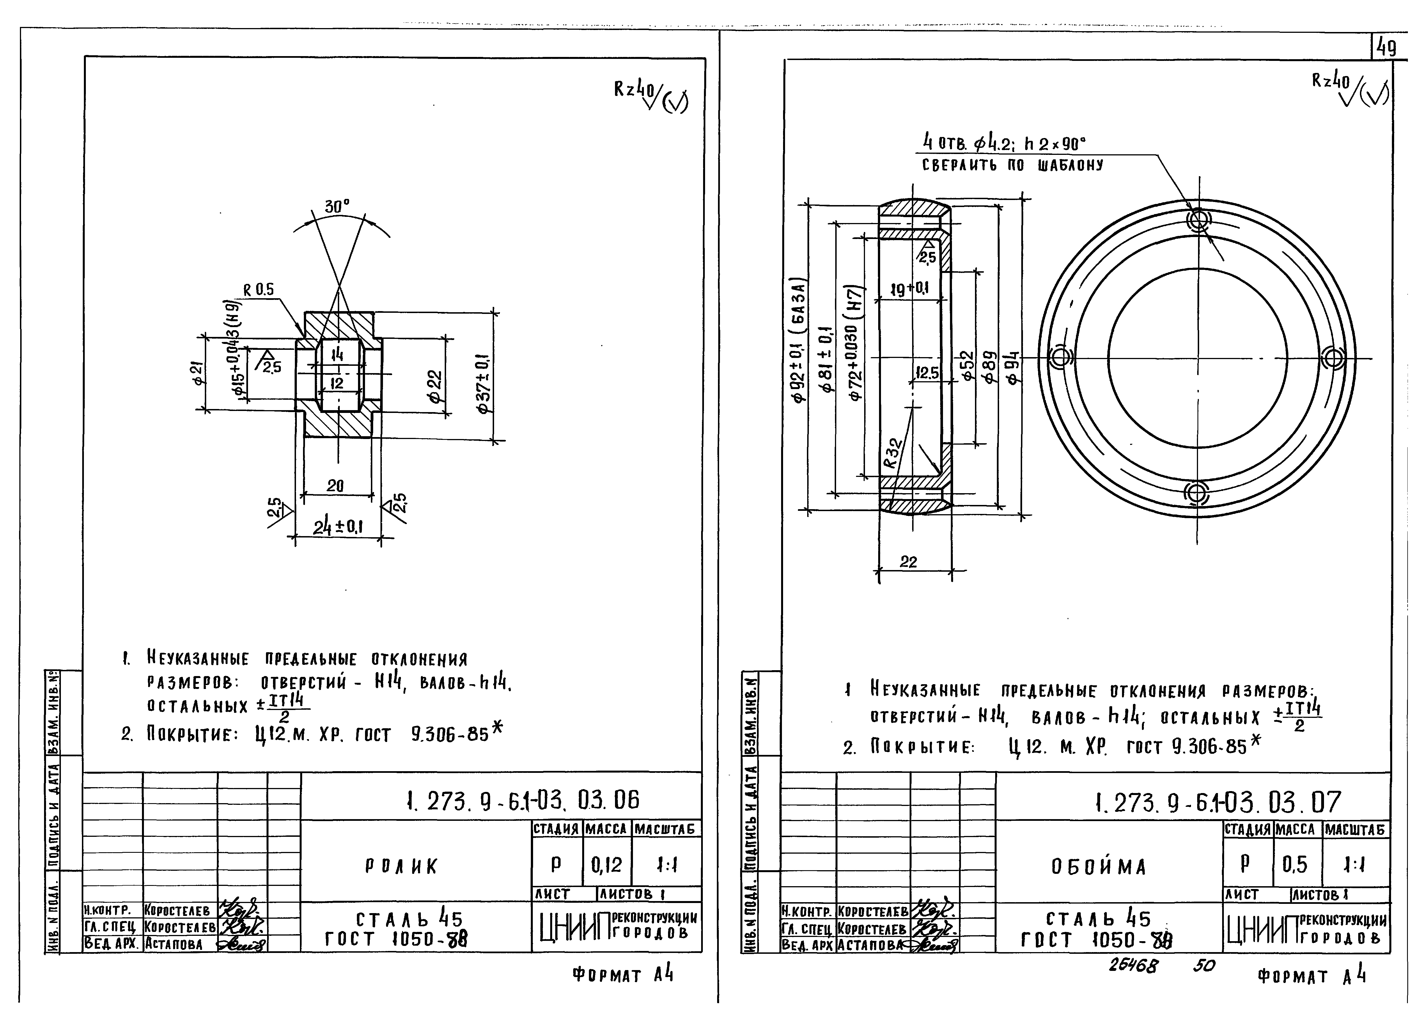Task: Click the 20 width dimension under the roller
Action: coord(336,486)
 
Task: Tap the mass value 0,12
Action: coord(606,865)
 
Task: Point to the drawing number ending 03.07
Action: coord(1217,802)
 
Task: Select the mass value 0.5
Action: coord(1295,865)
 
